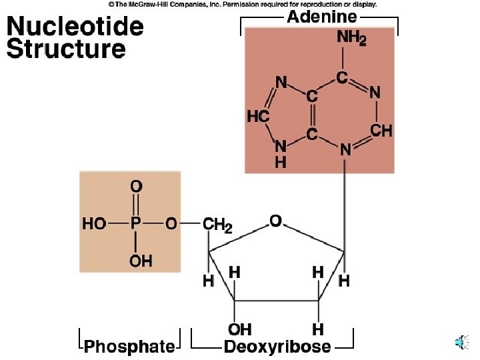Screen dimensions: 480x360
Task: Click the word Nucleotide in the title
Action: pos(75,27)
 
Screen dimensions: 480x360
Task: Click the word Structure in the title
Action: pos(66,49)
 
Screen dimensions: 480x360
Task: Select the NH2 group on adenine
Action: pos(351,39)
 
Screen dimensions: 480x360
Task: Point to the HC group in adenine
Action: pos(258,117)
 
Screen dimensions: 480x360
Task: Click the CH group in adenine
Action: pos(381,131)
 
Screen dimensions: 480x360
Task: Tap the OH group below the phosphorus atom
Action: pos(141,261)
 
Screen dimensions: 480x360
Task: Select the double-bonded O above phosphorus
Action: pos(136,187)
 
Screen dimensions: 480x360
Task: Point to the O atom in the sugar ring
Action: pos(275,219)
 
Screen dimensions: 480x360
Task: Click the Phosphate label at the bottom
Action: pos(129,347)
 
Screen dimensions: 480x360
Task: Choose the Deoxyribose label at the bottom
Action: pos(277,347)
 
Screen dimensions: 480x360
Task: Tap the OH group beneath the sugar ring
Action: pos(240,329)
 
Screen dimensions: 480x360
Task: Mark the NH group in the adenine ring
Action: pos(281,153)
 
